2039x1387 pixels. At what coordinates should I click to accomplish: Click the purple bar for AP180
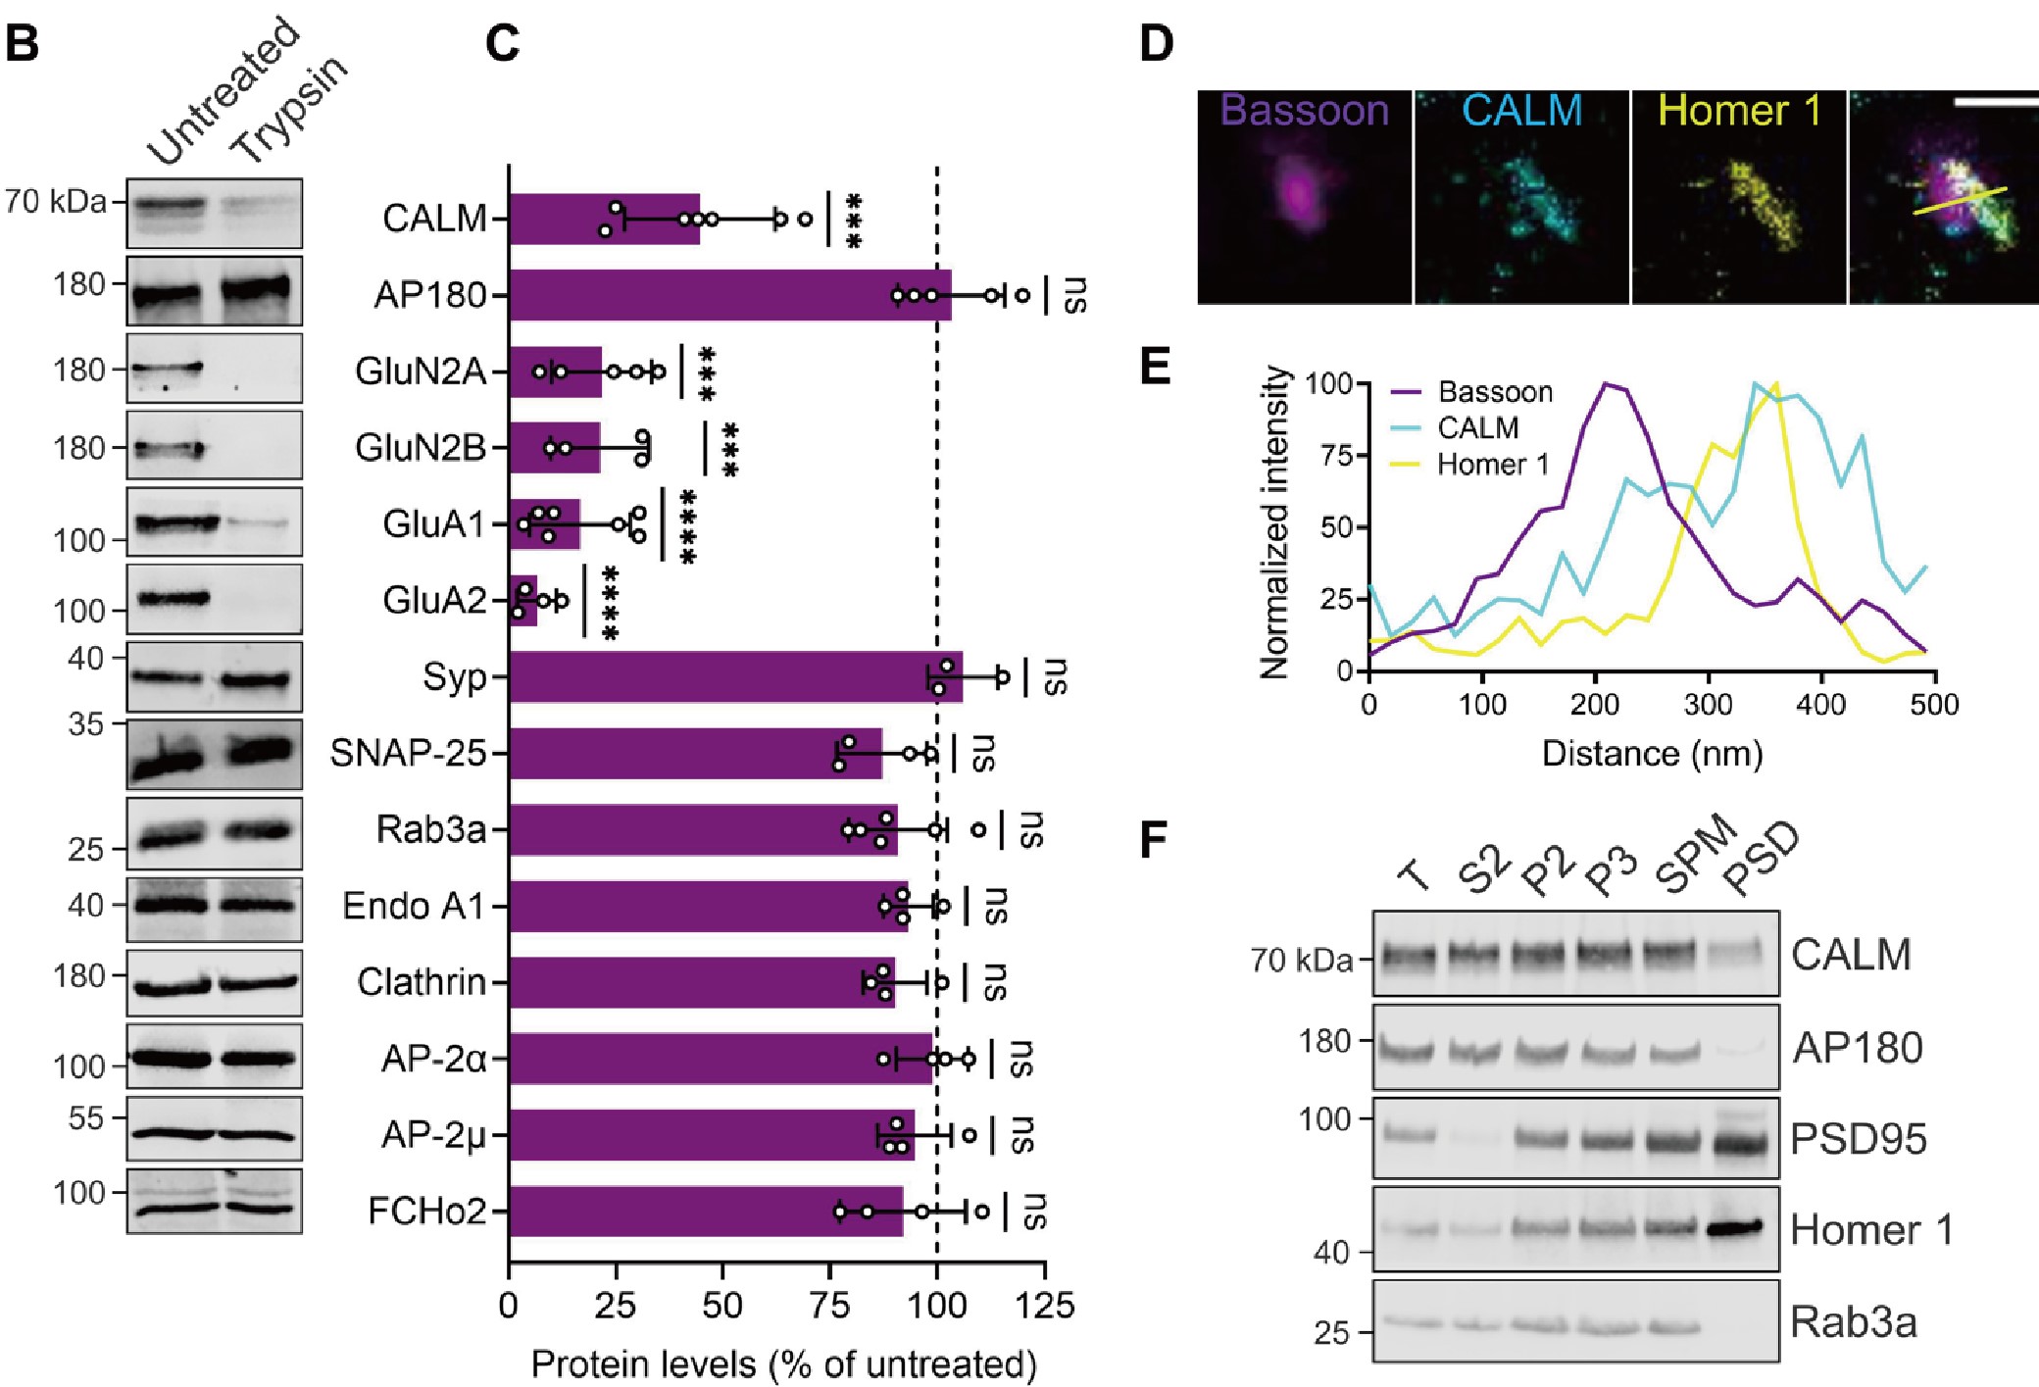tap(730, 295)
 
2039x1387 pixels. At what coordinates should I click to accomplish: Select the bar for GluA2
tap(523, 601)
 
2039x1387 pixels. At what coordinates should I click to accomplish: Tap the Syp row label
tap(454, 677)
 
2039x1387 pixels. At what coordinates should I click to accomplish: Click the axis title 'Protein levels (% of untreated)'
tap(783, 1363)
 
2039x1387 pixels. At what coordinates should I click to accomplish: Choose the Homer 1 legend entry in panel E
tap(1493, 464)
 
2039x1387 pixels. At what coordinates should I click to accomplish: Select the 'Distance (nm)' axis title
tap(1652, 753)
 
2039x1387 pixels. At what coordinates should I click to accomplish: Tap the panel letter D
tap(1157, 44)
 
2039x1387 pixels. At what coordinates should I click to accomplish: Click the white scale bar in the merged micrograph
tap(1994, 101)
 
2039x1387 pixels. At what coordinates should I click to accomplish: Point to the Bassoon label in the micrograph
tap(1304, 110)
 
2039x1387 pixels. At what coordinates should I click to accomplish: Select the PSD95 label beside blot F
tap(1858, 1139)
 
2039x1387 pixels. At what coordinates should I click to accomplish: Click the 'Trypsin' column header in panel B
tap(290, 108)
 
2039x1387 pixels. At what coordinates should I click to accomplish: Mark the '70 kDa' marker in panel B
tap(56, 202)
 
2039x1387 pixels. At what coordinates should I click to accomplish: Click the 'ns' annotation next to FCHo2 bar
tap(1035, 1212)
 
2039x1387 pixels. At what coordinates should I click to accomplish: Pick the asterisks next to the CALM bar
tap(853, 220)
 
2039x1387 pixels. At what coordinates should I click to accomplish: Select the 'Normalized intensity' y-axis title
tap(1274, 522)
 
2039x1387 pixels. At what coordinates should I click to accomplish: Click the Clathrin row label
tap(422, 981)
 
